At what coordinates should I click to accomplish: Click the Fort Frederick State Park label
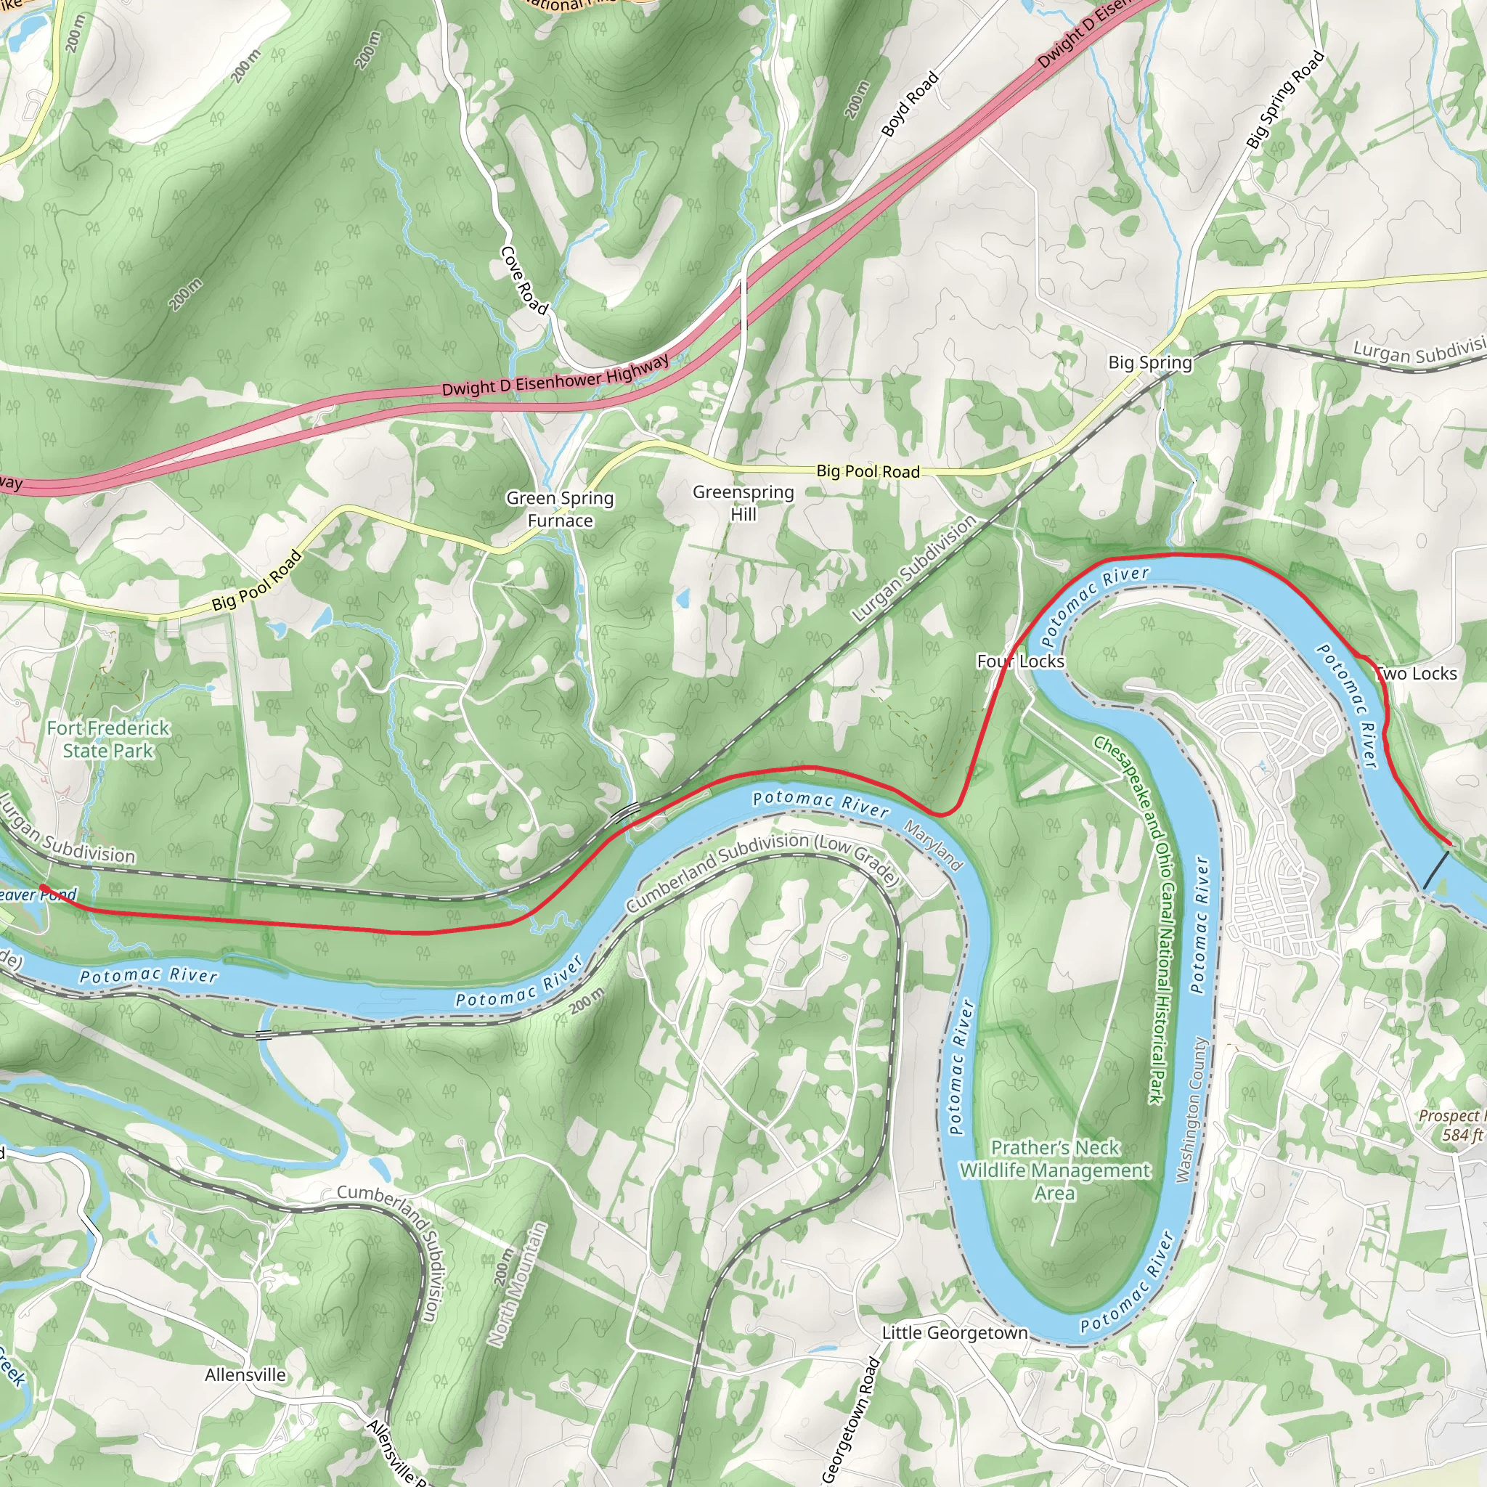(x=107, y=739)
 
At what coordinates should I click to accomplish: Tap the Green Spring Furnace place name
(x=560, y=510)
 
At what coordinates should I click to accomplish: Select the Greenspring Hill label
(x=743, y=502)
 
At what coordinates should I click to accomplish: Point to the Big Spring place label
(x=1150, y=362)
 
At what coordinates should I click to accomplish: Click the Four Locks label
(x=1021, y=661)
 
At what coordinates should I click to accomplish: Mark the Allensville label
(x=245, y=1374)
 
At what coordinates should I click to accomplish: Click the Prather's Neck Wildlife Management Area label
(x=1054, y=1170)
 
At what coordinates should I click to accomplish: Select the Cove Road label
(x=524, y=281)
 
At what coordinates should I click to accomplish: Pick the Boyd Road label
(x=910, y=104)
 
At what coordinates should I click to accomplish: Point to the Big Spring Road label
(x=1284, y=99)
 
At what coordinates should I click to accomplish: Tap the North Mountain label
(x=518, y=1284)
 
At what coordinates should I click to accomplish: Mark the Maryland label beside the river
(x=933, y=845)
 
